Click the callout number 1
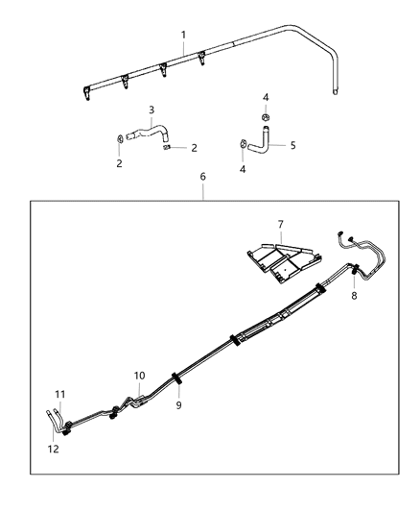(183, 35)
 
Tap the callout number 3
(152, 110)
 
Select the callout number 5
(292, 145)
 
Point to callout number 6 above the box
(202, 177)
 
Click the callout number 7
(281, 225)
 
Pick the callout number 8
(354, 296)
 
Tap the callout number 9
(178, 405)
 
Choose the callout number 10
(139, 376)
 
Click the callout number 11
(60, 395)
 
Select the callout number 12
(53, 449)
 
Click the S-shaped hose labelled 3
(148, 133)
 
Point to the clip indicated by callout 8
(355, 269)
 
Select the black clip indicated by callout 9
(177, 378)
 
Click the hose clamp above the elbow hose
(266, 117)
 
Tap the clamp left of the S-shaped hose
(120, 138)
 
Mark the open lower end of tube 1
(335, 92)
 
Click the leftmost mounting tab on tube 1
(86, 93)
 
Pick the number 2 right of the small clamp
(194, 148)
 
